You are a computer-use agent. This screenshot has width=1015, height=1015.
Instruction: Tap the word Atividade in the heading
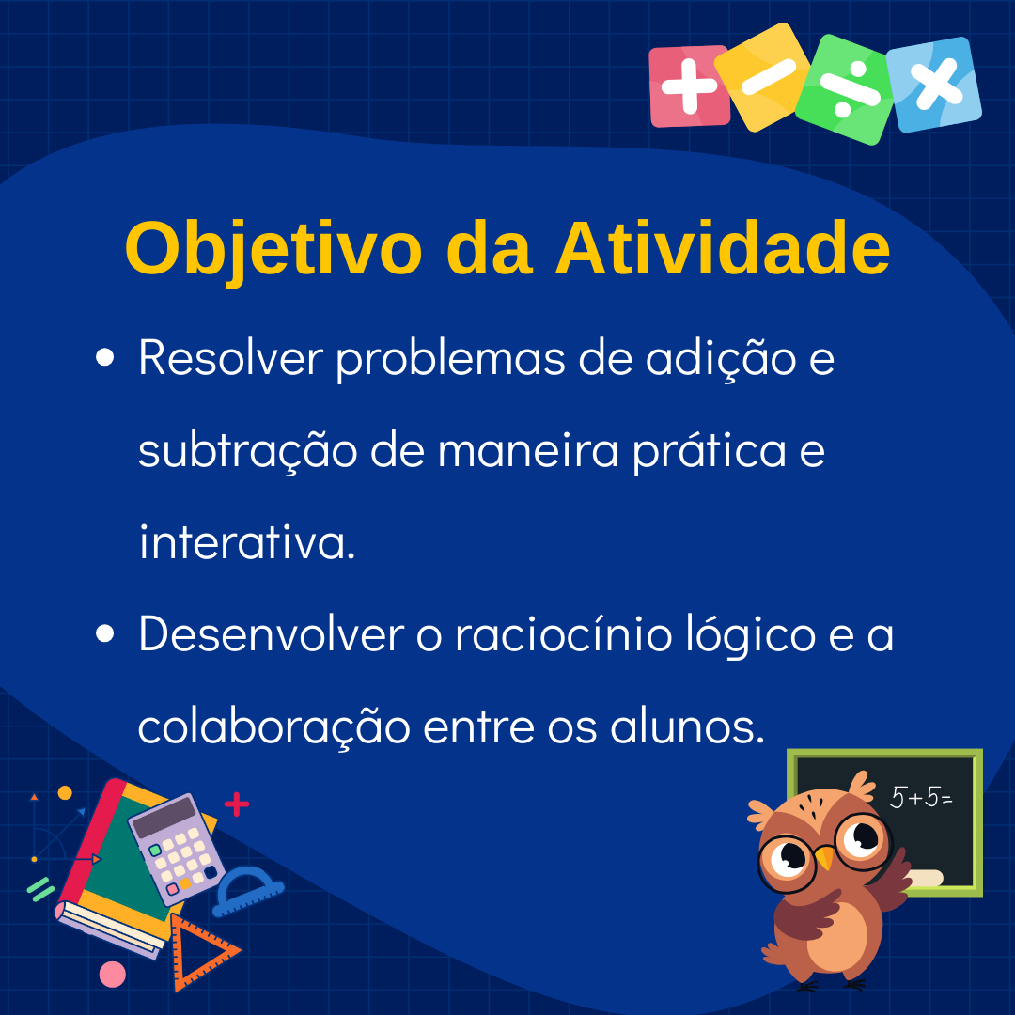tap(723, 249)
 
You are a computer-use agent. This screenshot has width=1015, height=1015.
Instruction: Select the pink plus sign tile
tap(689, 86)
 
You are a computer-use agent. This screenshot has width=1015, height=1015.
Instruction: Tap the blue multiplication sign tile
tap(934, 85)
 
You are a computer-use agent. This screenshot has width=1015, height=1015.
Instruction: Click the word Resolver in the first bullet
tap(230, 357)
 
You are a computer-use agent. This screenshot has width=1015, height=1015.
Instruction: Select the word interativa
tap(247, 541)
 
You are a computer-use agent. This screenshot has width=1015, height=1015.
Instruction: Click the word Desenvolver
tap(272, 633)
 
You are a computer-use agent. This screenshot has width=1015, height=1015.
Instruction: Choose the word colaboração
tap(273, 727)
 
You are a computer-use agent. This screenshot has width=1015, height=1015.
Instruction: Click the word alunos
tap(687, 726)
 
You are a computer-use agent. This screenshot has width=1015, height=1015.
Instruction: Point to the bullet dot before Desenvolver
tap(104, 633)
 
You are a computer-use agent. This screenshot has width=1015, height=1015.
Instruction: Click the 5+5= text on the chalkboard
tap(920, 798)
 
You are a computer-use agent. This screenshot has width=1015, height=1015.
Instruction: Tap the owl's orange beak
tap(825, 858)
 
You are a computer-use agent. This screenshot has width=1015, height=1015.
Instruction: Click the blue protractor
tap(248, 891)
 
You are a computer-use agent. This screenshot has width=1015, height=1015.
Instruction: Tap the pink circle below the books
tap(112, 975)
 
